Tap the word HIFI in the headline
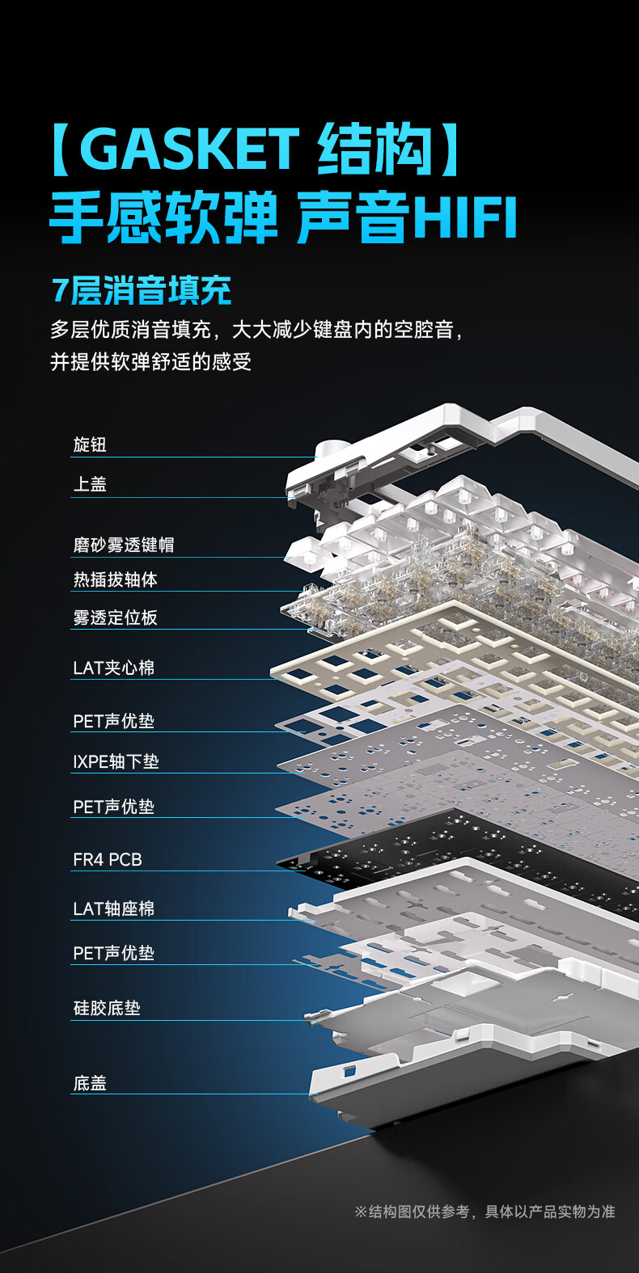pyautogui.click(x=464, y=217)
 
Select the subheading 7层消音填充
pyautogui.click(x=142, y=291)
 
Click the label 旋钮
pyautogui.click(x=90, y=445)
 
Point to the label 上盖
pyautogui.click(x=90, y=484)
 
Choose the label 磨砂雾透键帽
pyautogui.click(x=123, y=545)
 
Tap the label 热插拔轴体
pyautogui.click(x=115, y=580)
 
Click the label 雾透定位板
pyautogui.click(x=115, y=618)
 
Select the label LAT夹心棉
pyautogui.click(x=113, y=668)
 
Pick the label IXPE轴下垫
pyautogui.click(x=116, y=761)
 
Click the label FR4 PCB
pyautogui.click(x=108, y=860)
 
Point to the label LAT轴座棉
pyautogui.click(x=113, y=908)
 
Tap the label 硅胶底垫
pyautogui.click(x=107, y=1008)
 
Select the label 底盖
pyautogui.click(x=90, y=1083)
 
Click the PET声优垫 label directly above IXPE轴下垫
pyautogui.click(x=113, y=721)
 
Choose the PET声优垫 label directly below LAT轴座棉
pyautogui.click(x=113, y=953)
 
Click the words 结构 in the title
pyautogui.click(x=375, y=150)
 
